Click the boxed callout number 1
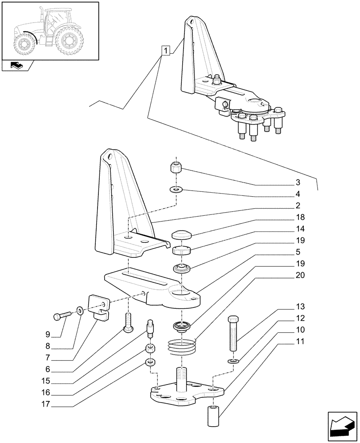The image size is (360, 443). tap(165, 51)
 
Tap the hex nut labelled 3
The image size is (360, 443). tap(176, 169)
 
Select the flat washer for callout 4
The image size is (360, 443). tap(176, 190)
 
